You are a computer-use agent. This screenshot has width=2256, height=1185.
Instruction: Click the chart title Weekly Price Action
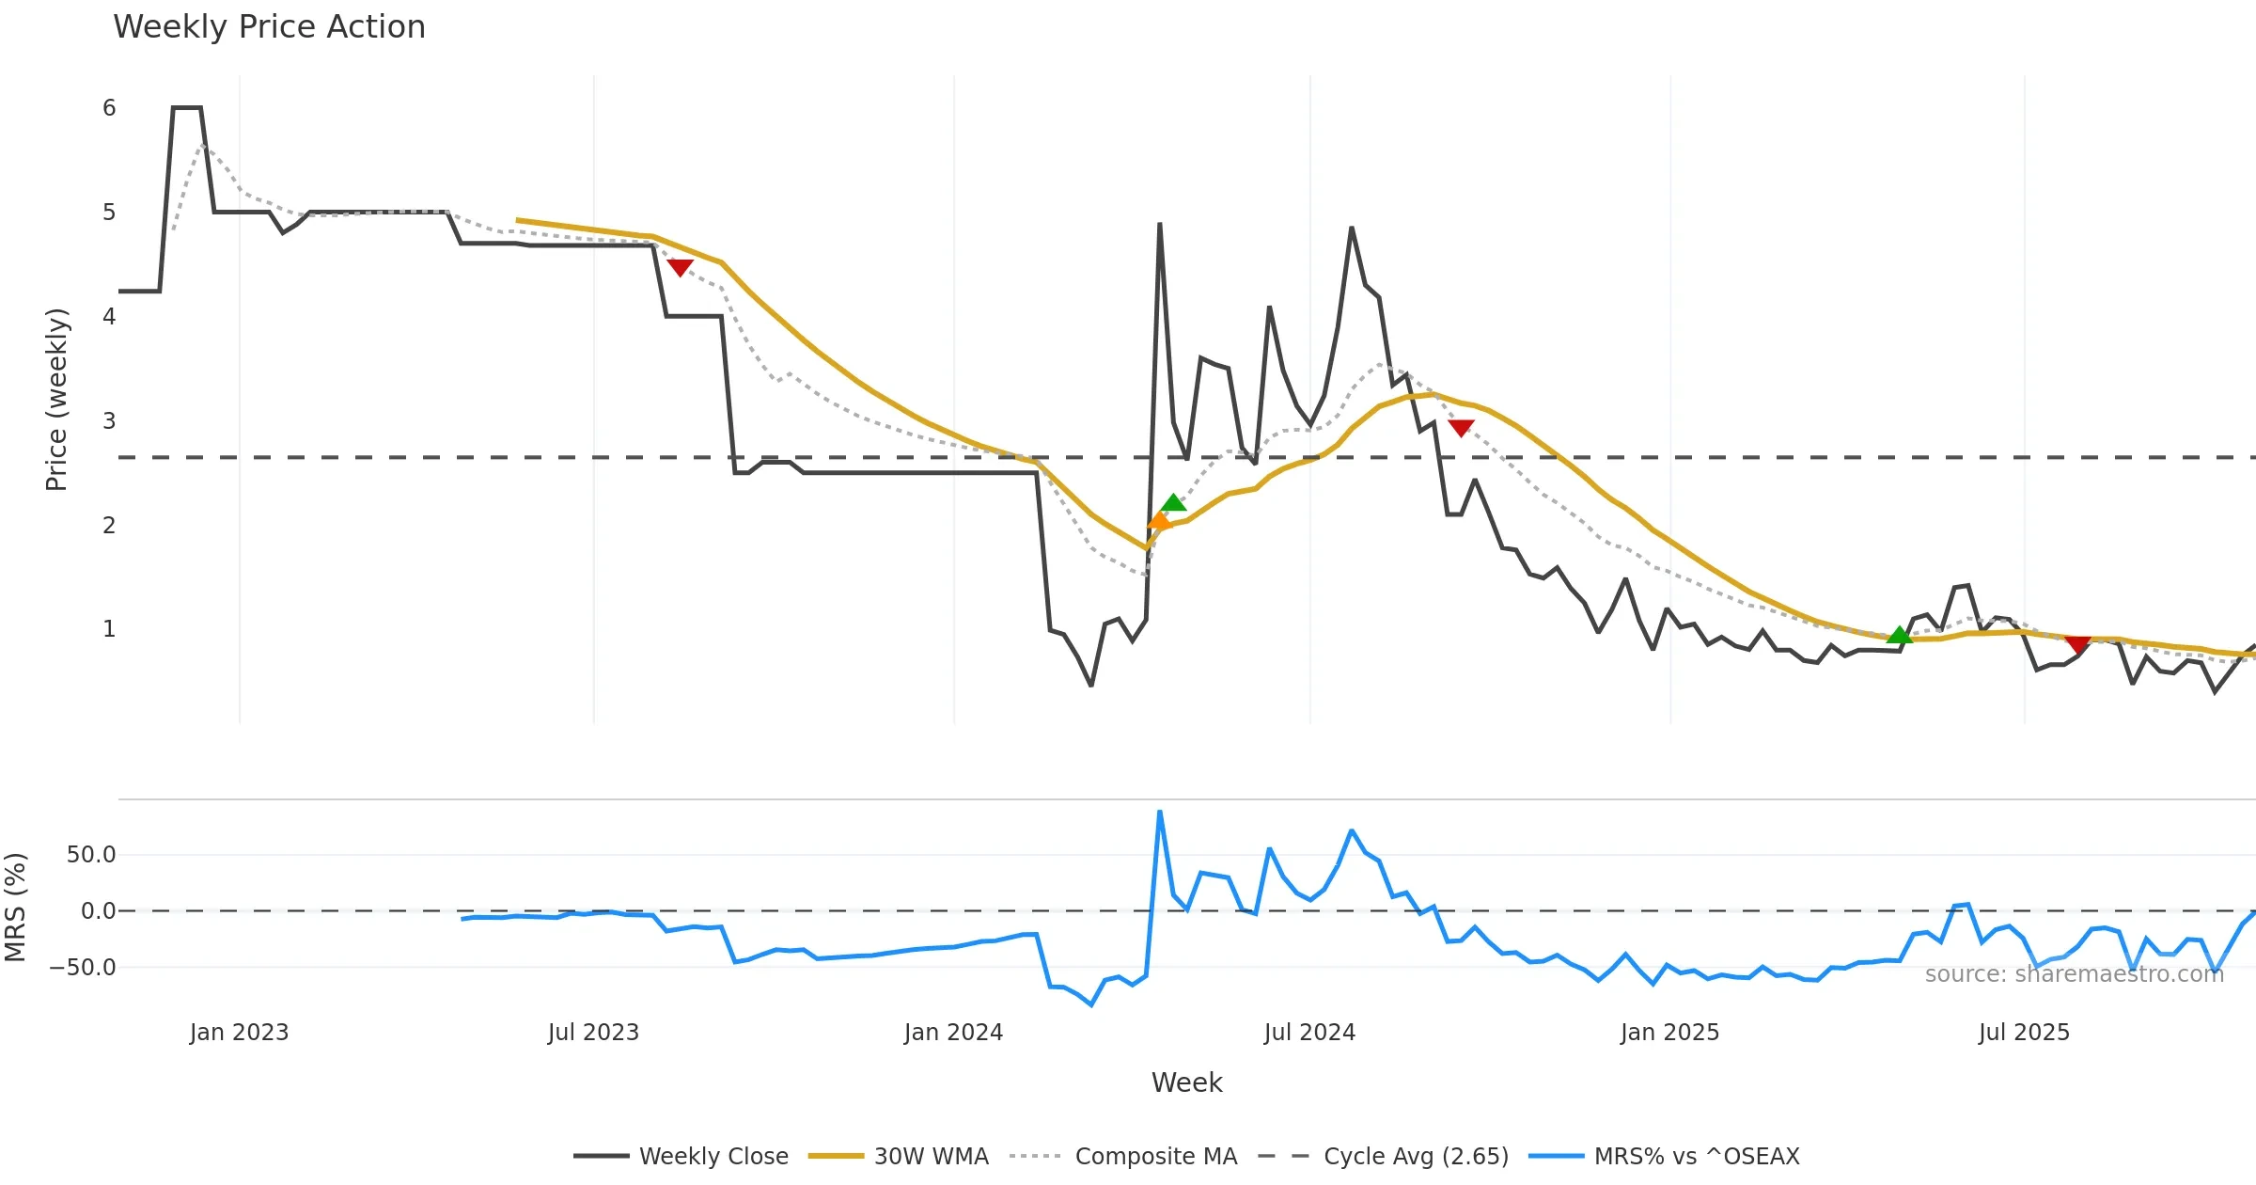tap(269, 26)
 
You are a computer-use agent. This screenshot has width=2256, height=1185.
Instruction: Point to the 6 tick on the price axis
tap(109, 108)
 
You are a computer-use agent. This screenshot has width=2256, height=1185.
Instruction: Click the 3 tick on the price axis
tap(109, 420)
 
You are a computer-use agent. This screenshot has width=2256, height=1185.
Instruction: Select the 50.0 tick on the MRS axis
tap(91, 855)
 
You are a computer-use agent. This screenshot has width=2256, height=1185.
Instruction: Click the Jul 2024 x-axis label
tap(1309, 1033)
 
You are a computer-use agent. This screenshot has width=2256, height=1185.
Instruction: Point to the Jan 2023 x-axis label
tap(239, 1033)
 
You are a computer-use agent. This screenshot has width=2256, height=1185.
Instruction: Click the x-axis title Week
tap(1186, 1083)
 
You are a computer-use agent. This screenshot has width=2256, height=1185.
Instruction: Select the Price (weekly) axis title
tap(56, 400)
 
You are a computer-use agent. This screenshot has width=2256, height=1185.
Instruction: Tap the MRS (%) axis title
tap(15, 908)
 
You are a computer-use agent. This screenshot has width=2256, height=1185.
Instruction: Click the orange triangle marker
tap(1159, 520)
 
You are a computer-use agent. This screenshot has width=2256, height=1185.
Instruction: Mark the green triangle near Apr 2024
tap(1173, 502)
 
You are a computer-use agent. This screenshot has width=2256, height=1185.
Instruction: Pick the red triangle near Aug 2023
tap(680, 268)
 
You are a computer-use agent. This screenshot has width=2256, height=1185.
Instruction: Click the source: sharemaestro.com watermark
tap(2074, 974)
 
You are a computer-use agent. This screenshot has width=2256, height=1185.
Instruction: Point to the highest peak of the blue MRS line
tap(1160, 811)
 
